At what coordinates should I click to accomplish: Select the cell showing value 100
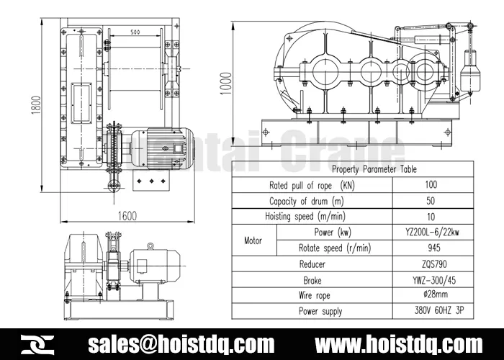[431, 185]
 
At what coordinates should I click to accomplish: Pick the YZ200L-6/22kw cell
[431, 233]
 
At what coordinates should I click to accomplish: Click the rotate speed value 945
[431, 248]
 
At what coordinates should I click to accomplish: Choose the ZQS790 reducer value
[431, 264]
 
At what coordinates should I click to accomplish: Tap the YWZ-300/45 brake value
[431, 280]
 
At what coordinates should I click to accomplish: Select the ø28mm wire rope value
[431, 295]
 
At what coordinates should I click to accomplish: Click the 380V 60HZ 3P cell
[431, 311]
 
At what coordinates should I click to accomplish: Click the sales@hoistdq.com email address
[181, 343]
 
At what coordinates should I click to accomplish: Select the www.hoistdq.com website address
[399, 343]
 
